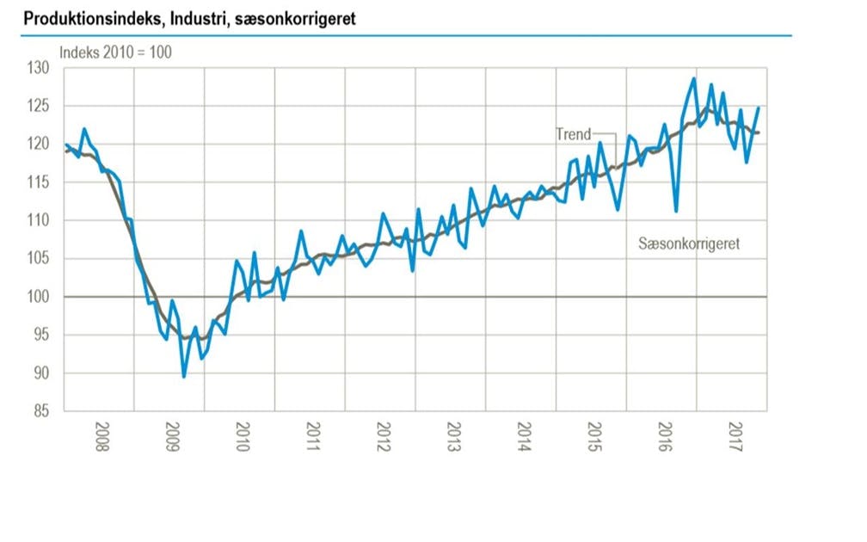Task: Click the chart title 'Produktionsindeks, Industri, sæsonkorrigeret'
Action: coord(189,18)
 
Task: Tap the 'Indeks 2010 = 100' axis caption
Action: coord(115,52)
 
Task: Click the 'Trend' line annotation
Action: coord(574,134)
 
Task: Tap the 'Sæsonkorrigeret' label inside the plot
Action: coord(689,244)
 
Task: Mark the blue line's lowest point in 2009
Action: coord(184,376)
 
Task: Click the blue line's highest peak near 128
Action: coord(693,78)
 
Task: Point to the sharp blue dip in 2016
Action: coord(676,211)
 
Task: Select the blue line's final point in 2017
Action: coord(759,108)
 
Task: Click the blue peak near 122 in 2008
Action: coord(84,129)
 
